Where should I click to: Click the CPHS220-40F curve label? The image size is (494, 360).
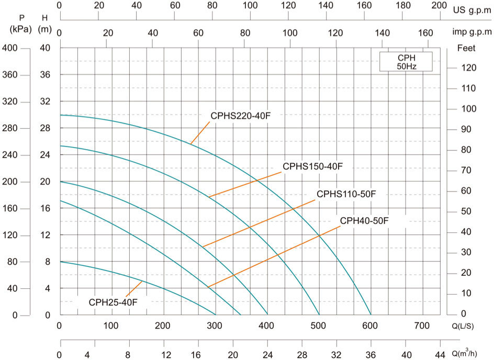coord(240,116)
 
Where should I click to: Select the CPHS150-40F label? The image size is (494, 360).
coord(312,167)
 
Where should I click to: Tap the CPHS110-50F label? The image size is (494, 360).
coord(346,194)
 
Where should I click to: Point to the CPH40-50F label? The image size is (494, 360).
coord(364,221)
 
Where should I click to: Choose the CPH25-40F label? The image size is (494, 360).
coord(113,302)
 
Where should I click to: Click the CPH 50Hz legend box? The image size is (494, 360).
coord(406,62)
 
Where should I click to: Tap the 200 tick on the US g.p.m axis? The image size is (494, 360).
coord(438,5)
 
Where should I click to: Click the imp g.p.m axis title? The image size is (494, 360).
coord(472,32)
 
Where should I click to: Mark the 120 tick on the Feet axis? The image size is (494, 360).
coord(468,68)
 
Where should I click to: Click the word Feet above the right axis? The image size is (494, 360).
coord(466,48)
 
